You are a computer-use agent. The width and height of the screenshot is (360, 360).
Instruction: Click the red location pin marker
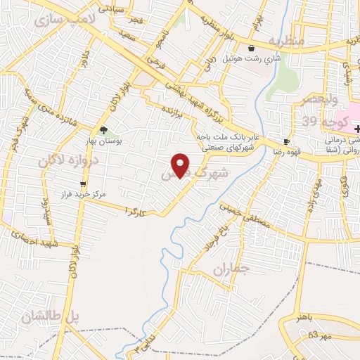pos(181,165)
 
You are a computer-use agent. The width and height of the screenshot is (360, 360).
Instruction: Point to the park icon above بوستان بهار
pos(103,130)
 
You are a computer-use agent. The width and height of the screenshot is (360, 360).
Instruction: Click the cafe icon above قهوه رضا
pos(286,141)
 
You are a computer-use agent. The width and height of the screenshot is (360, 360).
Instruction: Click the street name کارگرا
pos(135,210)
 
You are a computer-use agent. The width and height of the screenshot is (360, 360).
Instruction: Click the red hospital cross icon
pos(357,129)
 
